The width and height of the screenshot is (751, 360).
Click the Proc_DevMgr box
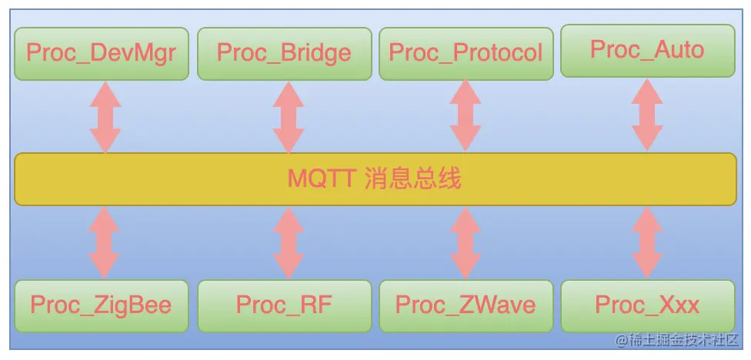(x=101, y=53)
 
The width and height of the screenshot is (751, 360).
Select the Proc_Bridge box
(x=284, y=53)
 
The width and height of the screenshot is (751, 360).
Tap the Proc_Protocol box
(x=466, y=53)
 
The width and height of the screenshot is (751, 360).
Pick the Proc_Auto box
(x=647, y=50)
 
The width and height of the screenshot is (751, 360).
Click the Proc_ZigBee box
(x=101, y=305)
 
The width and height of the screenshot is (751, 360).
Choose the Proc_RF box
(x=284, y=305)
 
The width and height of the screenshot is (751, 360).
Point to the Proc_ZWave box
(x=466, y=305)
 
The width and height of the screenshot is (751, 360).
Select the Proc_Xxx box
(x=647, y=305)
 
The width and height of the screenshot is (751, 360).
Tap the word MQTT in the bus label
(x=320, y=179)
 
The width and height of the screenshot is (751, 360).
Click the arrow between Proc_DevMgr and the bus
(x=105, y=117)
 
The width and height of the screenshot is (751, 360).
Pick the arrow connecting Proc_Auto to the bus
(x=647, y=115)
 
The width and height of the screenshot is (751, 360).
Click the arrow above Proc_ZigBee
(x=105, y=242)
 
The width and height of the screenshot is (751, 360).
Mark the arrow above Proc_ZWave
(x=466, y=243)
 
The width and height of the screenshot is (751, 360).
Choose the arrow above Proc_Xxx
(x=647, y=243)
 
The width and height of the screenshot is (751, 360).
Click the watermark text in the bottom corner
(x=677, y=340)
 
